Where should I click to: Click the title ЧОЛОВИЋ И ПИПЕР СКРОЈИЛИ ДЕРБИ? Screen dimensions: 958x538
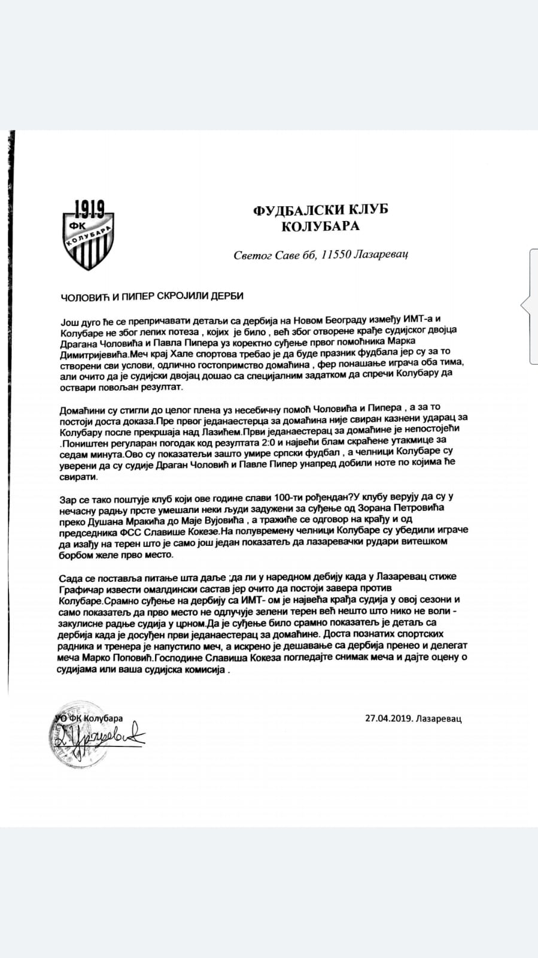[x=152, y=296]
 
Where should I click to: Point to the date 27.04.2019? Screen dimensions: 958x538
[x=390, y=719]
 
